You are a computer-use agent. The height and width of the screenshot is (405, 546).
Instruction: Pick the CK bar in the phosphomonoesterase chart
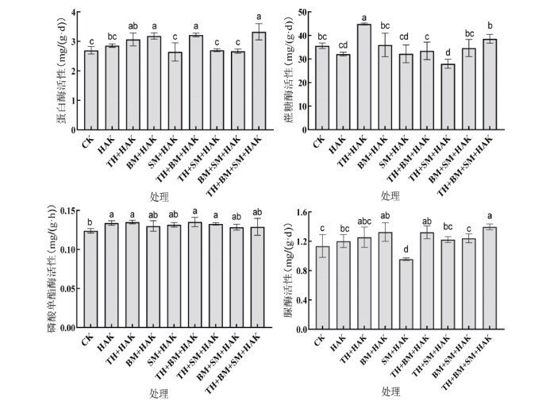90,279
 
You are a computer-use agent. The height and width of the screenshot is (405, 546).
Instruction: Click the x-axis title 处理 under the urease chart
390,392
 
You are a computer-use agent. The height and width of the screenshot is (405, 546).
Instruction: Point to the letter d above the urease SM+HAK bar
406,249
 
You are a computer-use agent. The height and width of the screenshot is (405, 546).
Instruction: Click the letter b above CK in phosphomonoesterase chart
90,222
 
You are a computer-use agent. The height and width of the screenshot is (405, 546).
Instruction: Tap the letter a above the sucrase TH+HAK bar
364,17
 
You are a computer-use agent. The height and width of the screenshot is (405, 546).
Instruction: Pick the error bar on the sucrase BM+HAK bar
386,45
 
